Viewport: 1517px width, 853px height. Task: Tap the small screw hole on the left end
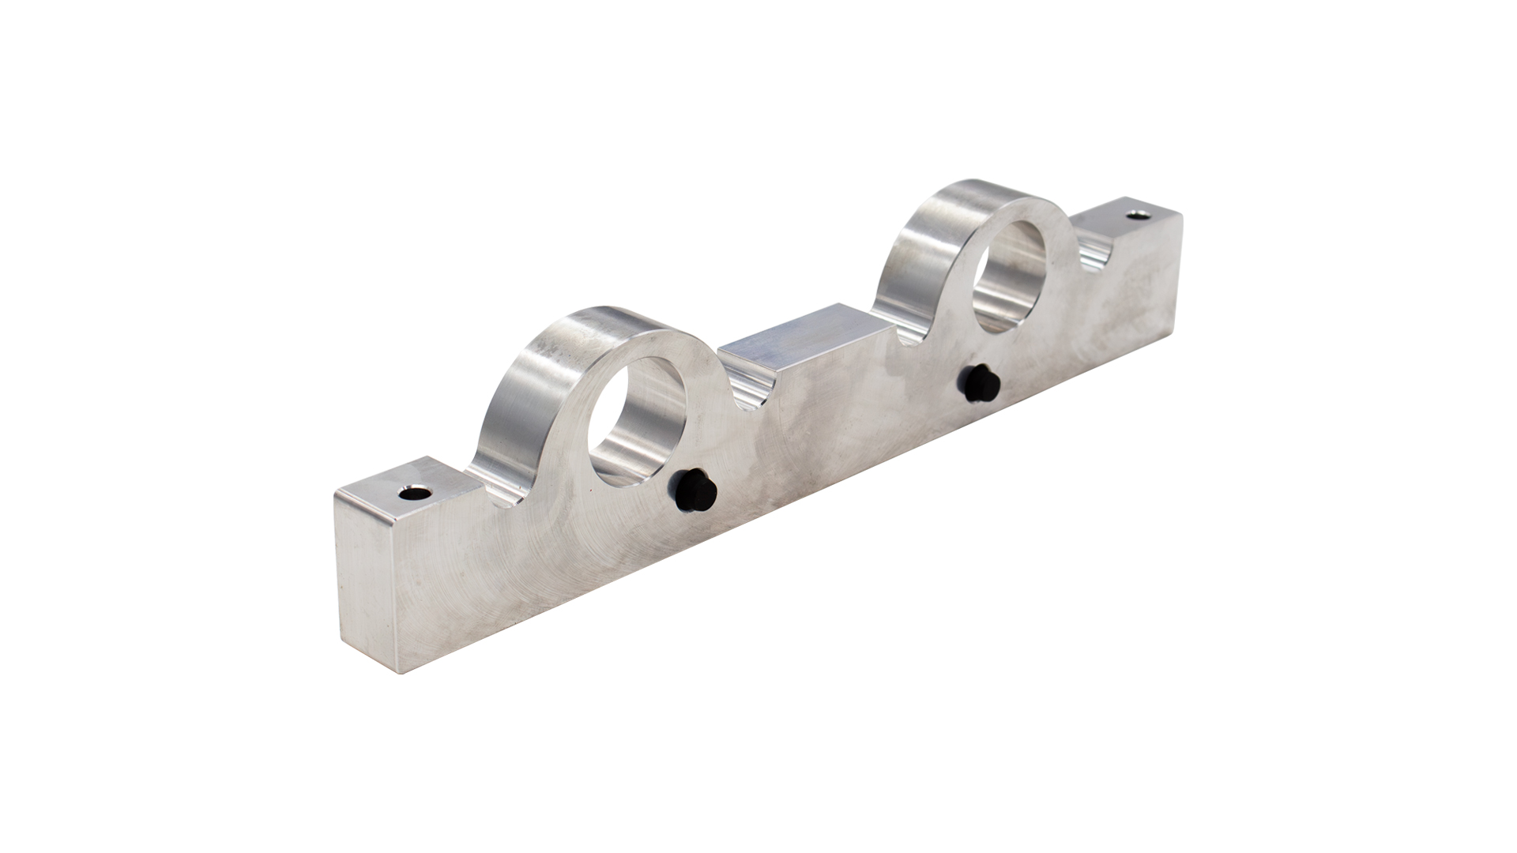click(x=412, y=494)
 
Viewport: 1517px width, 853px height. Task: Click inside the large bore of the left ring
click(x=637, y=419)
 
